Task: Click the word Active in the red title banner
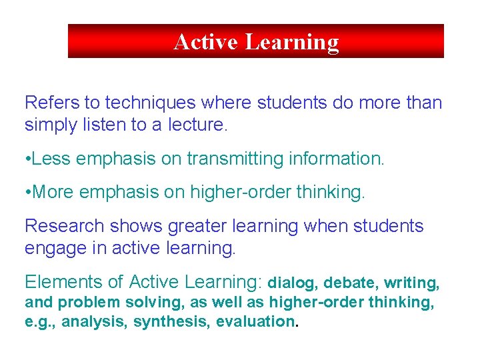pyautogui.click(x=206, y=41)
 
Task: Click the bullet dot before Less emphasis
pyautogui.click(x=27, y=159)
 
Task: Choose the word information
pyautogui.click(x=345, y=159)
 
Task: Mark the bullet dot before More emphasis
pyautogui.click(x=27, y=193)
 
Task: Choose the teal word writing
pyautogui.click(x=412, y=284)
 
